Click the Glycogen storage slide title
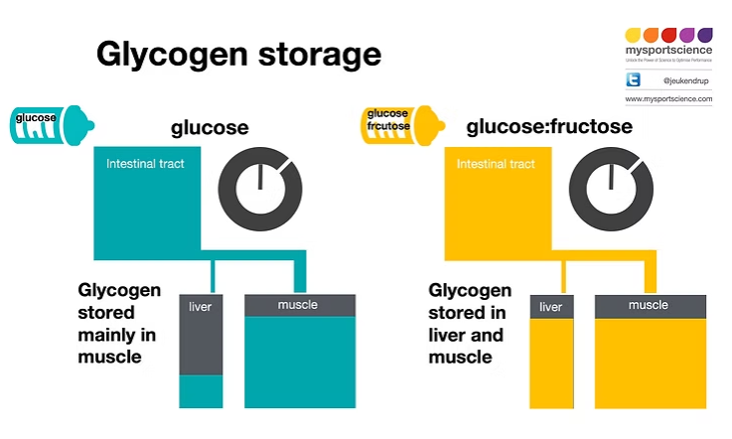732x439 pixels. (238, 54)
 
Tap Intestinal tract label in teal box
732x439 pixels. (145, 163)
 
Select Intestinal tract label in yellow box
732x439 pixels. (495, 163)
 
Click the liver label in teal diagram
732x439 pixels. (201, 307)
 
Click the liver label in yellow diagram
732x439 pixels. (550, 307)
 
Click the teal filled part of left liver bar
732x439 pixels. (201, 390)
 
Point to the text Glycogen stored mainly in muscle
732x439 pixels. (119, 323)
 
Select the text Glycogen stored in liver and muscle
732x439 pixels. (470, 323)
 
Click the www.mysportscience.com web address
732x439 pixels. (668, 100)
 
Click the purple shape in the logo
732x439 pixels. (705, 35)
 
